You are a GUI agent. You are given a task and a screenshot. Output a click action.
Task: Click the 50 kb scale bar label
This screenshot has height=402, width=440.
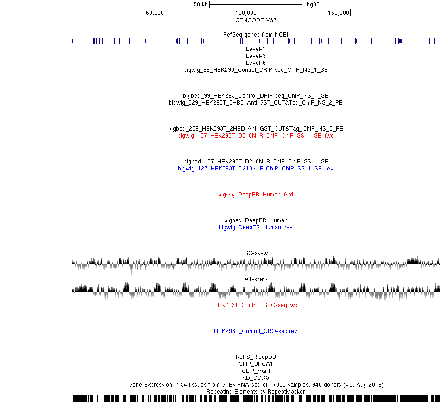[201, 5]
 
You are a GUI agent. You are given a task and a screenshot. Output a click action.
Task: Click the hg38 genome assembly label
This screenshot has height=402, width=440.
[313, 5]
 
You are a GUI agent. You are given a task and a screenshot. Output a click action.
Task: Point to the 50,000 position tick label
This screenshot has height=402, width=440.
[155, 13]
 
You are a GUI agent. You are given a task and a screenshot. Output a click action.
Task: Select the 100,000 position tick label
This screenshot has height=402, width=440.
[246, 13]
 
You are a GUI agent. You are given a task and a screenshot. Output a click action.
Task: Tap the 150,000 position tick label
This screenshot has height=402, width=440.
[339, 13]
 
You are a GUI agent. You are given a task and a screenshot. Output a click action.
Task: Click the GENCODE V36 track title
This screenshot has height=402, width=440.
[256, 20]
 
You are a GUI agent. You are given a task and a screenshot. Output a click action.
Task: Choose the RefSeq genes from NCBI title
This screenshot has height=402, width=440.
[256, 35]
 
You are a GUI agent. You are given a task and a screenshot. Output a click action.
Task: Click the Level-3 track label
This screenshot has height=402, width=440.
[256, 56]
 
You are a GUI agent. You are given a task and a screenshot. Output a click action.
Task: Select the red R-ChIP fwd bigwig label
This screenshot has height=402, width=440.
[256, 136]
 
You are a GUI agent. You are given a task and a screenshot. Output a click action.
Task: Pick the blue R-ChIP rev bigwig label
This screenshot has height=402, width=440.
[256, 169]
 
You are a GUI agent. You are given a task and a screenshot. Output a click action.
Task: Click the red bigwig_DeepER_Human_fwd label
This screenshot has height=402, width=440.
[256, 195]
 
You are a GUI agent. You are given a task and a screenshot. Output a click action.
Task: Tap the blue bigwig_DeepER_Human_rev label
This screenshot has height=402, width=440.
[256, 227]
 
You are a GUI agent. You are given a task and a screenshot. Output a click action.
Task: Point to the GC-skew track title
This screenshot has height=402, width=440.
[256, 253]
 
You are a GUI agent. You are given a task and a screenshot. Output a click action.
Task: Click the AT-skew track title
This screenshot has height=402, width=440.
[256, 279]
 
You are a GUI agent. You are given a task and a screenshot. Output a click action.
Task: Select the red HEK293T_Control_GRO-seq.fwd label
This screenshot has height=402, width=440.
[256, 305]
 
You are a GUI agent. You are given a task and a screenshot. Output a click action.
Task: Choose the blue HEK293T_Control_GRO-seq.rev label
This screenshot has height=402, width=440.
[256, 331]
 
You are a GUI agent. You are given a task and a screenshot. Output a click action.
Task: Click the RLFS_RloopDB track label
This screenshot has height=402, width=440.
[256, 357]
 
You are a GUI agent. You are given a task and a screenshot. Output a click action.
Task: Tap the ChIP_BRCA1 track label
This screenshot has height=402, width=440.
[256, 364]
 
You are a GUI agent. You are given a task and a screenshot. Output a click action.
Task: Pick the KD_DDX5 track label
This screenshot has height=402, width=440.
[256, 378]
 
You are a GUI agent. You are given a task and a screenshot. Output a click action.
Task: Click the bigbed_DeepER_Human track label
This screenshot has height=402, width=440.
[256, 220]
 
